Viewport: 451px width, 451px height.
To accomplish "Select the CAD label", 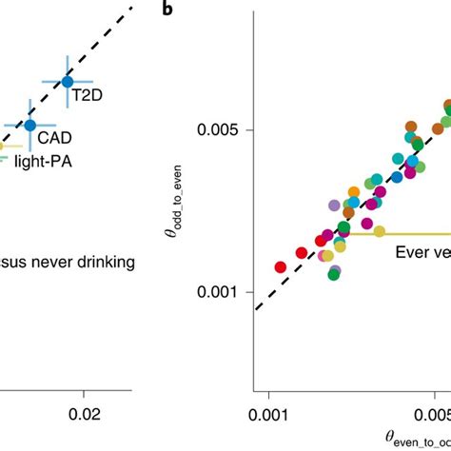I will (55, 139).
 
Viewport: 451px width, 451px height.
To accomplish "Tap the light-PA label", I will (42, 162).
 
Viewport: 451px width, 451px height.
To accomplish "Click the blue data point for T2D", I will (67, 82).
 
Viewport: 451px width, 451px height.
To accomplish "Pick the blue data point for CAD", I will (30, 125).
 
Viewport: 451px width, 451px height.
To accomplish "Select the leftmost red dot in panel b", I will (281, 267).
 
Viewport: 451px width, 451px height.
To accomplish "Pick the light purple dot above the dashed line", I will (334, 205).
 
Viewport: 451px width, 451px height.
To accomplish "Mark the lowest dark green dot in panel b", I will (334, 274).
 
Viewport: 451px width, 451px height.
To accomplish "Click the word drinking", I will (98, 261).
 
